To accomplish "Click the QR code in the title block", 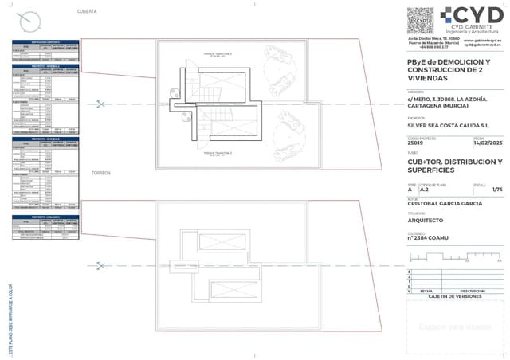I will (421, 20).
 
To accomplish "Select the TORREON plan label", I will (100, 173).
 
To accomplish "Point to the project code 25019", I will (417, 143).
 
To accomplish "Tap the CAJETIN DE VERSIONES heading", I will (455, 295).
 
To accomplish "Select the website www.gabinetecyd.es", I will (485, 40).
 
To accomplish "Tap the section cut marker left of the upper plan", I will (100, 103).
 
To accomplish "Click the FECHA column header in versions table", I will (426, 291).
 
